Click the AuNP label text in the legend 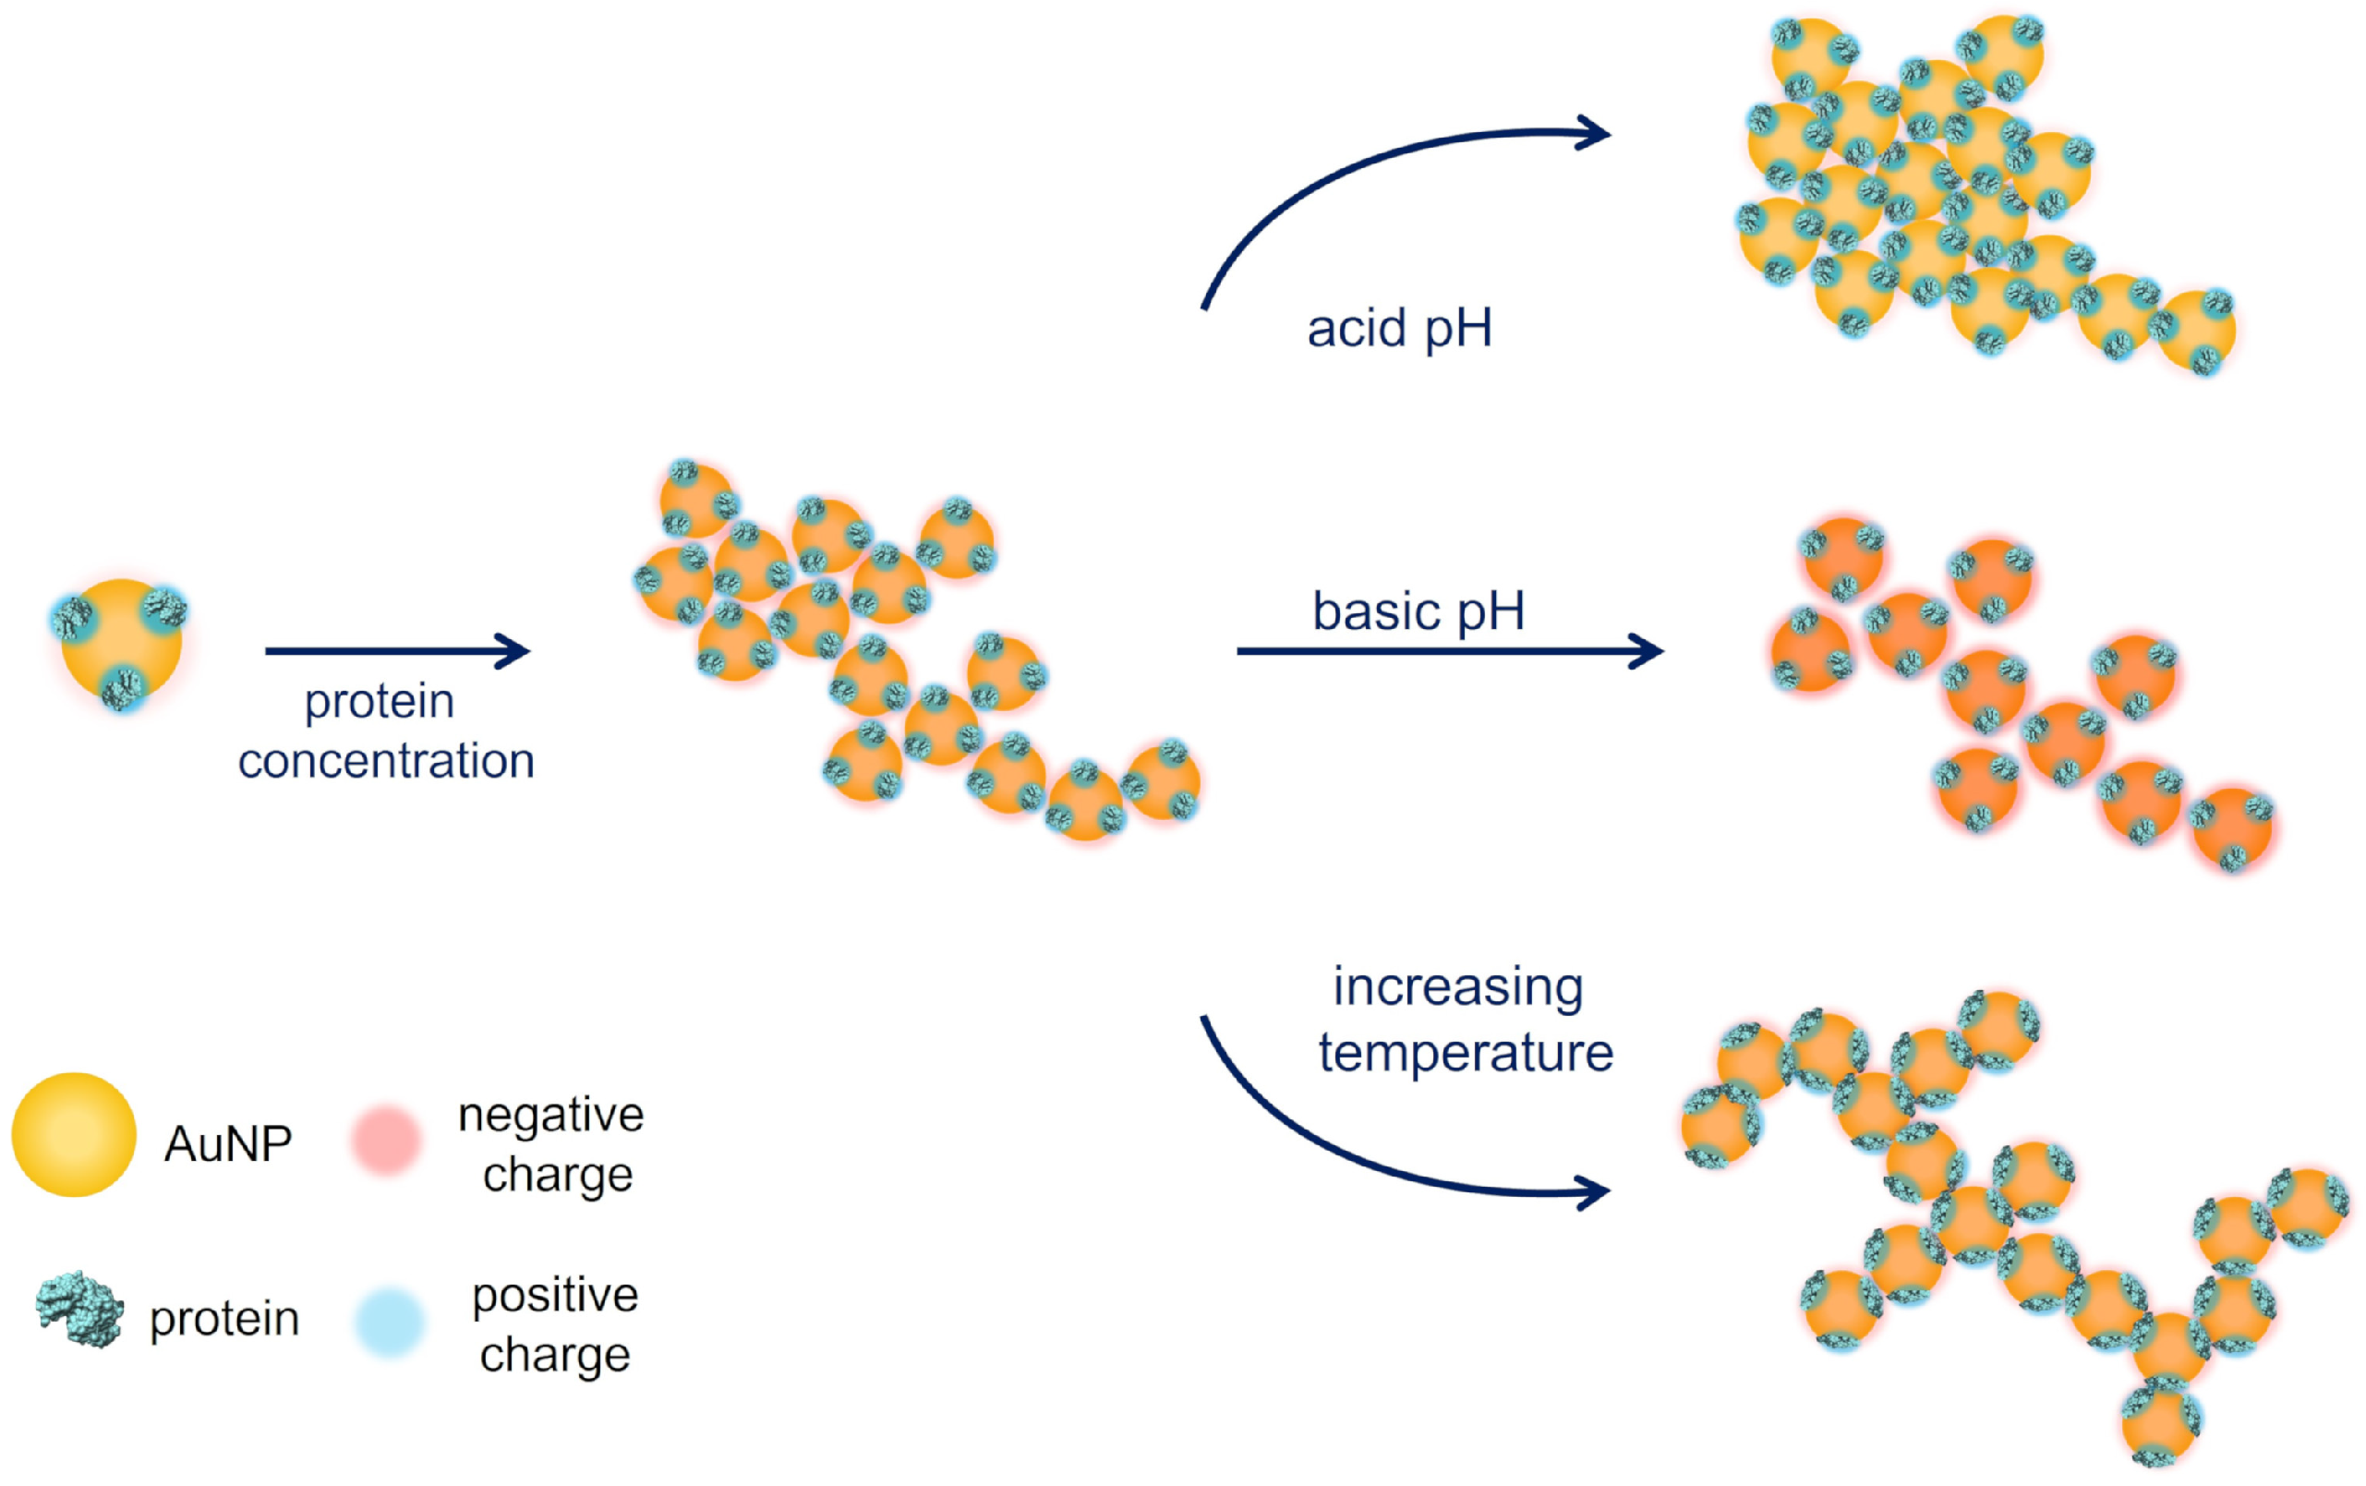click(228, 1144)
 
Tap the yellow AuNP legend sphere click(74, 1135)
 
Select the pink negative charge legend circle click(386, 1139)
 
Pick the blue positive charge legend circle click(390, 1323)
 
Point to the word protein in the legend click(224, 1319)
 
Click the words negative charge click(552, 1144)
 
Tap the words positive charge click(555, 1323)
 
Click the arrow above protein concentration click(397, 650)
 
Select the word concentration click(386, 762)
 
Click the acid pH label click(1399, 328)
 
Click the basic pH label click(1418, 611)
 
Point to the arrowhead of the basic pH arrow click(1647, 650)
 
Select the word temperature click(1466, 1054)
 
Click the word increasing click(1458, 986)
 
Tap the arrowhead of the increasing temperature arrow click(1595, 1193)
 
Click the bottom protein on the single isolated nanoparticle click(122, 688)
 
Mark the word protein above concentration click(380, 702)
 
